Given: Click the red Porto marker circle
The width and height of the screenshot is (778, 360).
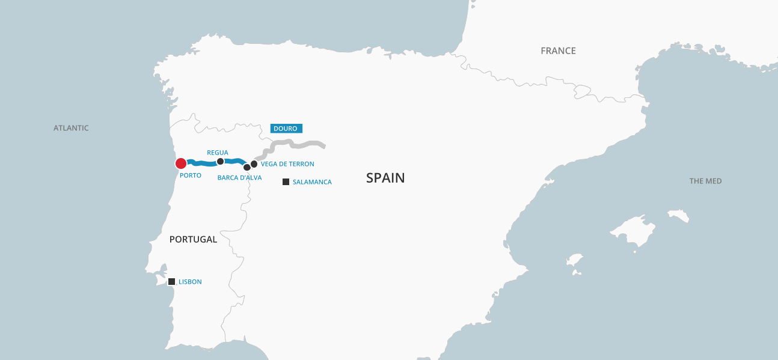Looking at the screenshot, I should point(181,163).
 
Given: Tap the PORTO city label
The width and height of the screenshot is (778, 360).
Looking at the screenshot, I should point(190,175).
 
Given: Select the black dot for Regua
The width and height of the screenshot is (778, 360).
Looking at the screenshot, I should point(220,161).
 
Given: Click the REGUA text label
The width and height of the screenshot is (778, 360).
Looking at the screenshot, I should point(218,153).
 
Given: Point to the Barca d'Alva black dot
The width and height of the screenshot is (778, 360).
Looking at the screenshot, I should point(247,167).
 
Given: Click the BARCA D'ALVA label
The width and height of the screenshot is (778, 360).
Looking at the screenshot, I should point(239,178).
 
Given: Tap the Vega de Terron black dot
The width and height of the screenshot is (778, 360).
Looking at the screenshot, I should point(254,163).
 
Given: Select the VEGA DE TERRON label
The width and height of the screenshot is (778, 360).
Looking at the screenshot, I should point(287,164).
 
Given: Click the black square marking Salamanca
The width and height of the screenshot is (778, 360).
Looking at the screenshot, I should point(286,182).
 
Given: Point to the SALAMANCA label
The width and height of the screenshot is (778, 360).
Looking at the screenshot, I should point(312,182).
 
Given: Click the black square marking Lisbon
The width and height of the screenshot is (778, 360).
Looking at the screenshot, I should point(171,281).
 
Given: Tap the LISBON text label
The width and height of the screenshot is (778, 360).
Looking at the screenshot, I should point(190,282).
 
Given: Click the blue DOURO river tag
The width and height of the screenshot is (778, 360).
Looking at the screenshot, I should point(286,129).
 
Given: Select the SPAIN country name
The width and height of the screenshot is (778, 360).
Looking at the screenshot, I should point(385,178).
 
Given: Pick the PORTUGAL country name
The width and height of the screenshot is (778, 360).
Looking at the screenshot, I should point(193,239).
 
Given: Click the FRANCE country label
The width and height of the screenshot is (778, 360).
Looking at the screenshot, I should point(558,51).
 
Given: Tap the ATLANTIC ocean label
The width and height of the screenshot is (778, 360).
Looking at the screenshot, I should point(71,128).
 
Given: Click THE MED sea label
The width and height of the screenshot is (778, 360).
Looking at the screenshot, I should point(705,181).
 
